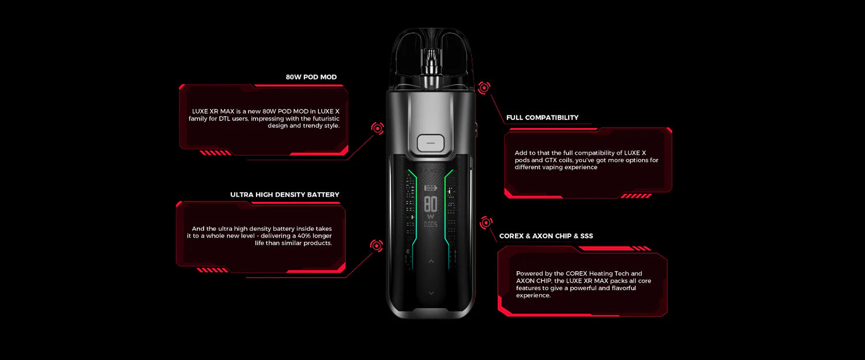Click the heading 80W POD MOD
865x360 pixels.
[311, 77]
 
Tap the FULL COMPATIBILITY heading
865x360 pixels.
[542, 118]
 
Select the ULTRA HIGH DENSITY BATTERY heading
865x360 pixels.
[285, 194]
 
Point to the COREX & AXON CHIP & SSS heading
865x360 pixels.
[546, 236]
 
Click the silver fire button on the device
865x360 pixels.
[431, 143]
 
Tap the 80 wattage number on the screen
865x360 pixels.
[431, 204]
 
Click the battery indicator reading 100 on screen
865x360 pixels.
[430, 188]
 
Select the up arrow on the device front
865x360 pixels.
[431, 261]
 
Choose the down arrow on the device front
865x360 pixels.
[431, 293]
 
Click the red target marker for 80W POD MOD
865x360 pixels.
[377, 128]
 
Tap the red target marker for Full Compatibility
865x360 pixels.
[484, 88]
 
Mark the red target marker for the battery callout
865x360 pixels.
[377, 246]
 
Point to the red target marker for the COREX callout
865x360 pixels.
[486, 223]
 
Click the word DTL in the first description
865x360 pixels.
[224, 119]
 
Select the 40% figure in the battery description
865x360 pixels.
[304, 236]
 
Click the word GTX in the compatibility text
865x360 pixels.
[551, 160]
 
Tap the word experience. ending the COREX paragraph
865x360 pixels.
[533, 295]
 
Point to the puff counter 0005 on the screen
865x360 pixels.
[431, 224]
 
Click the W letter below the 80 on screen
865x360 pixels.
[431, 217]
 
